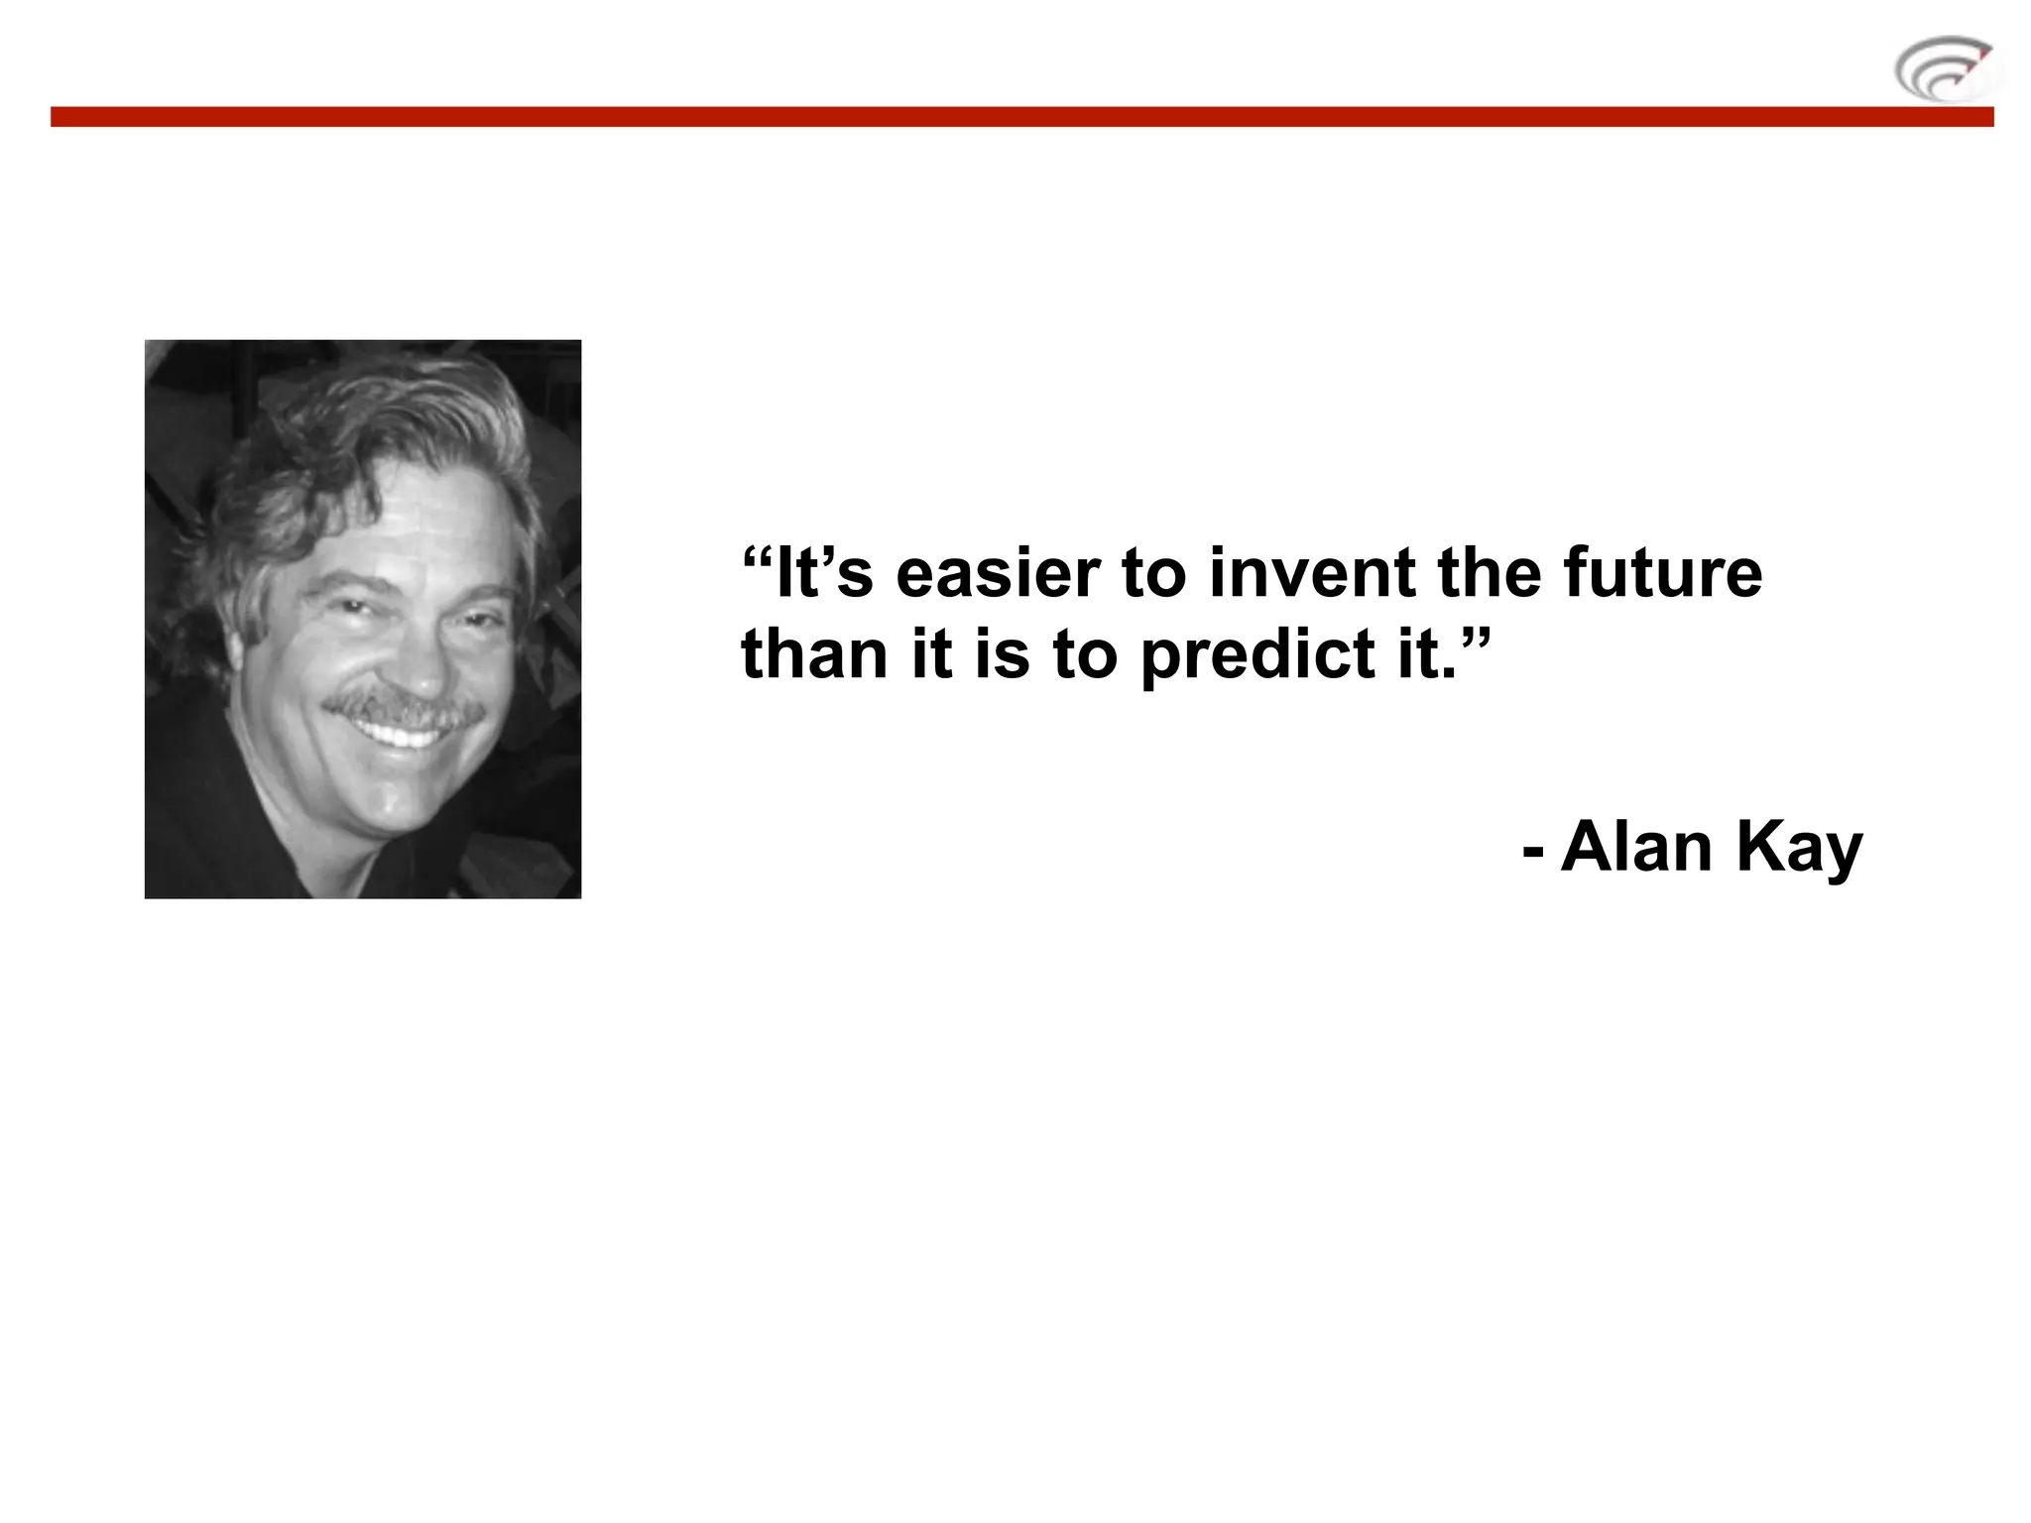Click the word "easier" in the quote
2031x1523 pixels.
pyautogui.click(x=998, y=574)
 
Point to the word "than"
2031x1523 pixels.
pyautogui.click(x=813, y=654)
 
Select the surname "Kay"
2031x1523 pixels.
pyautogui.click(x=1799, y=849)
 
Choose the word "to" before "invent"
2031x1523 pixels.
pyautogui.click(x=1153, y=574)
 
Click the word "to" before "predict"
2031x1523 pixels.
pyautogui.click(x=1085, y=654)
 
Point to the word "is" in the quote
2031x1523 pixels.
pyautogui.click(x=1002, y=654)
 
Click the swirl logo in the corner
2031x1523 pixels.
pyautogui.click(x=1945, y=69)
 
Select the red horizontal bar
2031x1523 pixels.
pyautogui.click(x=1021, y=117)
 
